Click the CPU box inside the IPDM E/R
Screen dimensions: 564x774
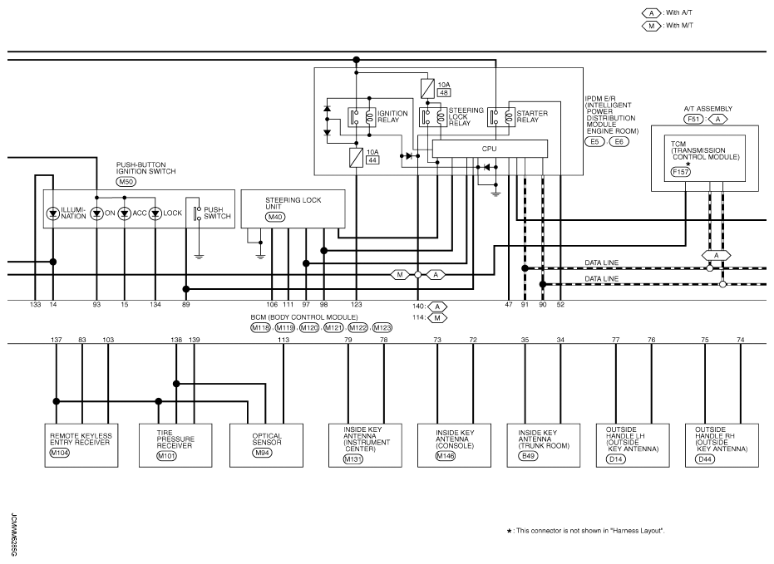(x=490, y=148)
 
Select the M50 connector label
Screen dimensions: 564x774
(x=126, y=182)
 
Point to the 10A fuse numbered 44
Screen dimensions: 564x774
(x=356, y=155)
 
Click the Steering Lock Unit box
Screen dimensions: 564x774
(x=293, y=208)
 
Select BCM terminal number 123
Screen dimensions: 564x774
(x=357, y=305)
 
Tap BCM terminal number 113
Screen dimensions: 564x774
(x=283, y=340)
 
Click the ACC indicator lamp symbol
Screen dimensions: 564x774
(x=125, y=213)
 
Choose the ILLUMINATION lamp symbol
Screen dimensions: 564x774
(x=53, y=213)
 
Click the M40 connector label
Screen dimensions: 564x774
(x=275, y=217)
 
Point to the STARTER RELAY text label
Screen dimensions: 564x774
(x=528, y=115)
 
